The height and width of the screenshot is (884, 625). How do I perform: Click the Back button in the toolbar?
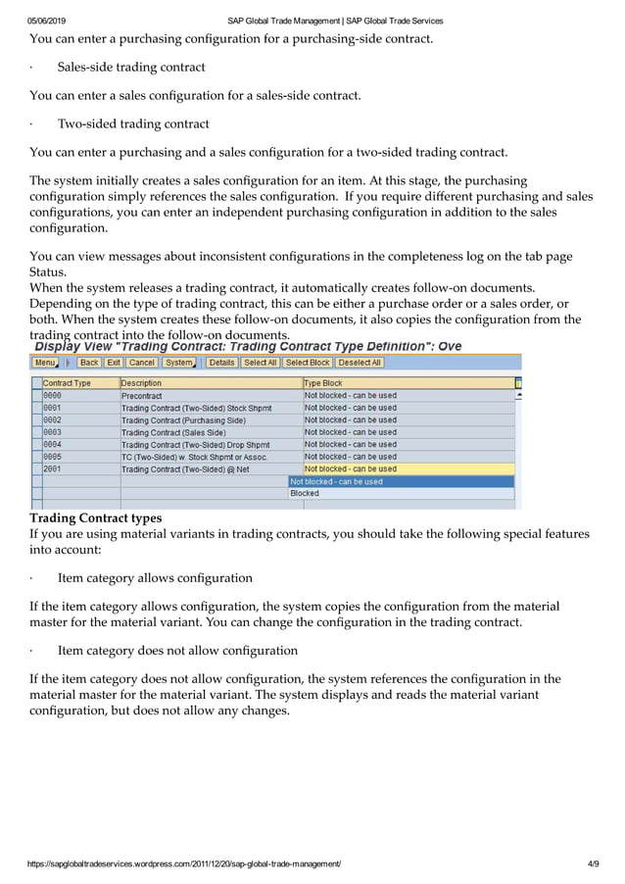pyautogui.click(x=89, y=363)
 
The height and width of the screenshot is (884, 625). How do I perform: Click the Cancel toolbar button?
pyautogui.click(x=142, y=363)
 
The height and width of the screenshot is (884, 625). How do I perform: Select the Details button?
pyautogui.click(x=221, y=363)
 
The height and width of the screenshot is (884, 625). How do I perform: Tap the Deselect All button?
pyautogui.click(x=360, y=363)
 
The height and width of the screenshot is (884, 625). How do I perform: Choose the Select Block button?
pyautogui.click(x=307, y=363)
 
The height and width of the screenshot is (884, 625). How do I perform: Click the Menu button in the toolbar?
pyautogui.click(x=46, y=363)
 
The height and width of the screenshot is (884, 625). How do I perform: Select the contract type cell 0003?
pyautogui.click(x=53, y=432)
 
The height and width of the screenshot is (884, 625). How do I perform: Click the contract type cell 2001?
pyautogui.click(x=53, y=469)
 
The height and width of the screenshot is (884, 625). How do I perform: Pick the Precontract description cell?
pyautogui.click(x=142, y=396)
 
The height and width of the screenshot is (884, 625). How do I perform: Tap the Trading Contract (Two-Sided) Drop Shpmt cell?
pyautogui.click(x=195, y=445)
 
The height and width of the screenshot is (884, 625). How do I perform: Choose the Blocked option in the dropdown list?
pyautogui.click(x=305, y=494)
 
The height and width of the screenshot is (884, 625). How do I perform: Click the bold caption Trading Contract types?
pyautogui.click(x=96, y=517)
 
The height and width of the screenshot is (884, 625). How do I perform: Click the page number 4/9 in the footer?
pyautogui.click(x=593, y=863)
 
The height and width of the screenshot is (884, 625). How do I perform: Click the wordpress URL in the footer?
pyautogui.click(x=184, y=863)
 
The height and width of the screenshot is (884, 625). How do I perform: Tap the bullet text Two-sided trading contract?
pyautogui.click(x=133, y=124)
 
